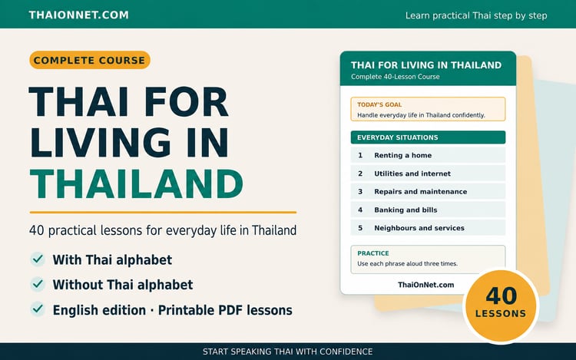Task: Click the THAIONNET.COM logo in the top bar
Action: coord(78,15)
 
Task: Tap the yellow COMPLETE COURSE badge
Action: coord(90,60)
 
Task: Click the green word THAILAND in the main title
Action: coord(136,183)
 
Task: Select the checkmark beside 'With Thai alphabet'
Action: coord(38,259)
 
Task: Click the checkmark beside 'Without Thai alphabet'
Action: coord(38,284)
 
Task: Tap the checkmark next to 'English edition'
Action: coord(38,309)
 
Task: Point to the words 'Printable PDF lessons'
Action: coord(225,310)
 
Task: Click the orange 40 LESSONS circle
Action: coord(501,306)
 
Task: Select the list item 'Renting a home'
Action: coord(428,155)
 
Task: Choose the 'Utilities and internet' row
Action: coord(428,173)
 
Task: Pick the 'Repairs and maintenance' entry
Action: coord(428,192)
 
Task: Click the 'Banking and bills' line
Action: coord(428,210)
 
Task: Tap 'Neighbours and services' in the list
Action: coord(428,228)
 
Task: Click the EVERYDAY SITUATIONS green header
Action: coord(428,137)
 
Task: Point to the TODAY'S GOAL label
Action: coord(379,104)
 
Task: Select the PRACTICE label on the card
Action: coord(373,253)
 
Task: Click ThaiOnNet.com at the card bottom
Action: coord(425,285)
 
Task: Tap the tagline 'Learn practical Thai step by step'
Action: coord(476,15)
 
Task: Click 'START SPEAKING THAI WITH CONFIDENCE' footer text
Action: coord(288,352)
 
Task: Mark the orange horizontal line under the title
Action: coord(163,212)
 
